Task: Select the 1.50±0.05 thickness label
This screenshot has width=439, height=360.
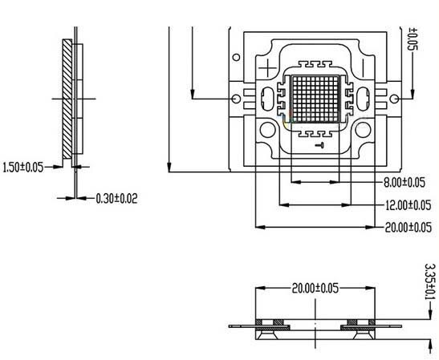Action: [22, 167]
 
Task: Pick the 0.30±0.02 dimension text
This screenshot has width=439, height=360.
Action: [116, 198]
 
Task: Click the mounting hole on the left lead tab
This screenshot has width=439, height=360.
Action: [235, 98]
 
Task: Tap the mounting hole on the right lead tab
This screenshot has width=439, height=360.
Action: [394, 99]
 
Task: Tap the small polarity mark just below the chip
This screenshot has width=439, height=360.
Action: [319, 144]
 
